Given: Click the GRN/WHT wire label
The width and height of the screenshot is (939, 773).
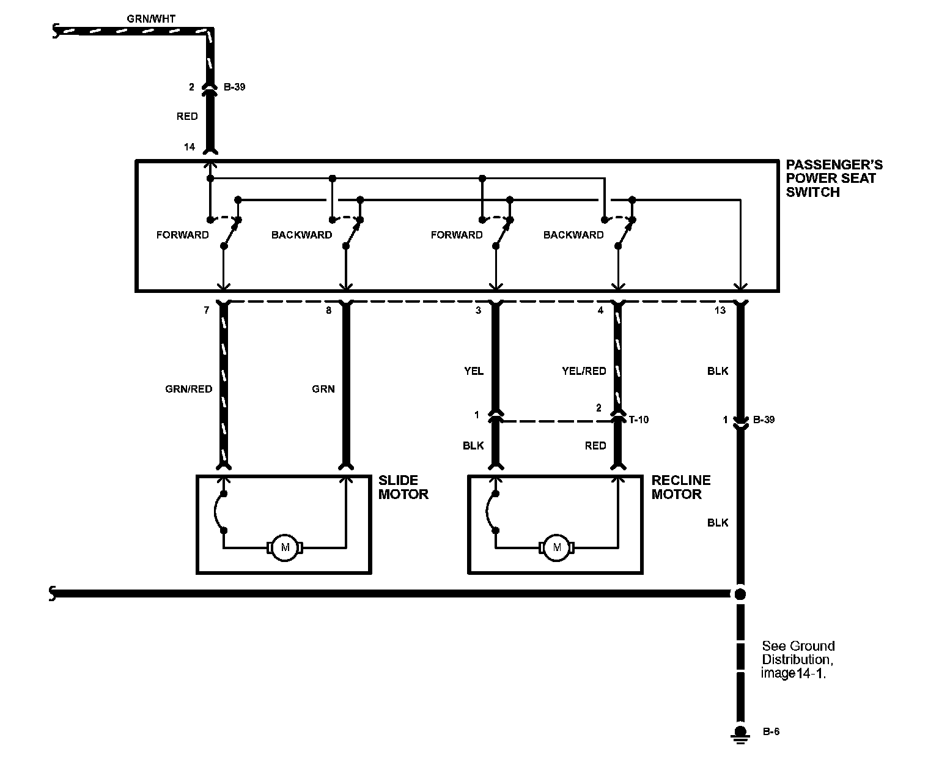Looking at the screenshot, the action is click(x=150, y=19).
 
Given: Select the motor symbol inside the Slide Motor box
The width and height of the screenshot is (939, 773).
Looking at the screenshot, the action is click(x=284, y=547).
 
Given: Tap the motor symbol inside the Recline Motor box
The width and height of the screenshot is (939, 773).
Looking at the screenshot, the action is click(x=556, y=547).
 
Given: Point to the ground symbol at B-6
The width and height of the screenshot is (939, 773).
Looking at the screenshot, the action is click(x=740, y=734).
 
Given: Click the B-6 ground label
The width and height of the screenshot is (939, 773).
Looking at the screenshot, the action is click(x=771, y=732).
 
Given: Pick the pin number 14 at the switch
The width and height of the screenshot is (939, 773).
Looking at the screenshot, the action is click(x=190, y=147).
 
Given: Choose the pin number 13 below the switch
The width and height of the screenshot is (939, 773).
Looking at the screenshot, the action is click(x=720, y=311).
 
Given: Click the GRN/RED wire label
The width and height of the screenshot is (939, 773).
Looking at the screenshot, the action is click(x=188, y=389).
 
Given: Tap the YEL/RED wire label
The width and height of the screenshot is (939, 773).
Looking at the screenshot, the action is click(x=584, y=371).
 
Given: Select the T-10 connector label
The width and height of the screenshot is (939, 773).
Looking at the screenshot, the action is click(x=638, y=420).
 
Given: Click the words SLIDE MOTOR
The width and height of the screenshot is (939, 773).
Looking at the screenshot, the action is click(x=403, y=487).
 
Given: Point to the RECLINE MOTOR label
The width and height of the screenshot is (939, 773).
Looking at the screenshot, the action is click(x=680, y=487).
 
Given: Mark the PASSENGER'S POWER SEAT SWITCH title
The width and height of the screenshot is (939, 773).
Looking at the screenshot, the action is click(x=833, y=179).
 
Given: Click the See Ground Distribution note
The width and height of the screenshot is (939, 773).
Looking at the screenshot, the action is click(x=798, y=660).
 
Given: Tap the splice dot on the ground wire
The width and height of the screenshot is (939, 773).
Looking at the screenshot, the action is click(x=740, y=593).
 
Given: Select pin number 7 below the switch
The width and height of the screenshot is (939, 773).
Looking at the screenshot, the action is click(x=207, y=311).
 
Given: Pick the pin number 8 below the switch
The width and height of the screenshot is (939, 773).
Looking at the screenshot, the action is click(x=328, y=311).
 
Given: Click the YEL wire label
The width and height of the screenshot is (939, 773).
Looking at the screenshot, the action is click(x=474, y=371).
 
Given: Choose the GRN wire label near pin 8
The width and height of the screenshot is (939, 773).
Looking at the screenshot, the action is click(x=323, y=389).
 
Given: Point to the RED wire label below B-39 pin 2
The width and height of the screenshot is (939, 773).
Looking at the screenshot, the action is click(x=187, y=117).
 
